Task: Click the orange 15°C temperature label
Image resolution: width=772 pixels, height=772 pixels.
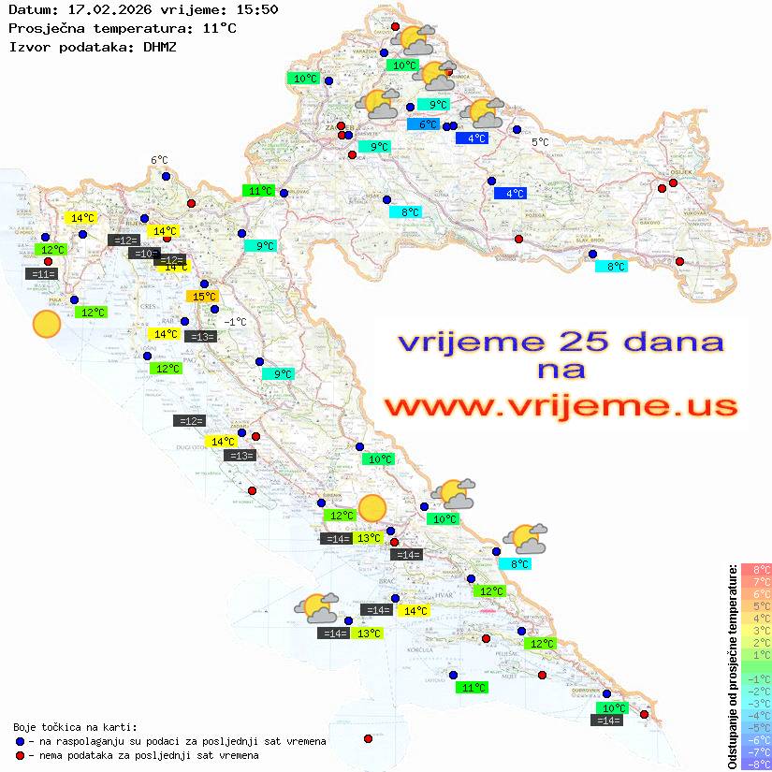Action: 204,297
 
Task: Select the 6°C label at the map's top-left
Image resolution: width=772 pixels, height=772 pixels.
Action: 159,161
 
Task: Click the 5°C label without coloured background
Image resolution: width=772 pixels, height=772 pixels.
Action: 541,142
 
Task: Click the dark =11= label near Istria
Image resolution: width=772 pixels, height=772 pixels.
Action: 43,274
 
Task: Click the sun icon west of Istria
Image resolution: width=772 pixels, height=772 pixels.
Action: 46,325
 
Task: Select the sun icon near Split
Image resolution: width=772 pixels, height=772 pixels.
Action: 372,507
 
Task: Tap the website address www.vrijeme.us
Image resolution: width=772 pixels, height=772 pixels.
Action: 561,406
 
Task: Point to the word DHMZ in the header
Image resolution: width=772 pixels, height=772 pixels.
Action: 159,45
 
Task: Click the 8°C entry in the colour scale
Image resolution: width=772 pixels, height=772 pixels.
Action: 755,569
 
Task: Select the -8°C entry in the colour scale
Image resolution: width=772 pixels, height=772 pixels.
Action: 755,764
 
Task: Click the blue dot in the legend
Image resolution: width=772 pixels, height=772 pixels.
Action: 20,740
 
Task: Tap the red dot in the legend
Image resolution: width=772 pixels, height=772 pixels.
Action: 20,754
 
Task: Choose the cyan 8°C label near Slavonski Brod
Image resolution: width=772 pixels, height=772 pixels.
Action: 612,267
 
